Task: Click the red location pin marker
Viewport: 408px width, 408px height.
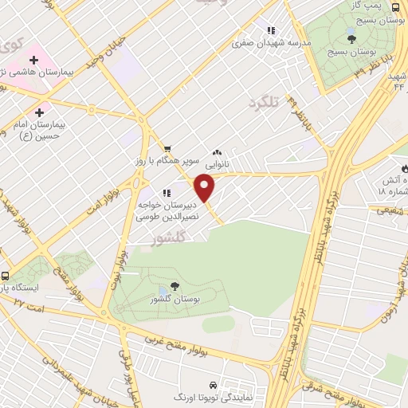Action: coord(206,188)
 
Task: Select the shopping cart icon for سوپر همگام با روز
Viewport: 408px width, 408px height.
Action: coord(167,149)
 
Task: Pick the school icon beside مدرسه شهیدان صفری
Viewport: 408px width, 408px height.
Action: coord(273,30)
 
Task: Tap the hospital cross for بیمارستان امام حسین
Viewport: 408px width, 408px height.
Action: coord(38,112)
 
